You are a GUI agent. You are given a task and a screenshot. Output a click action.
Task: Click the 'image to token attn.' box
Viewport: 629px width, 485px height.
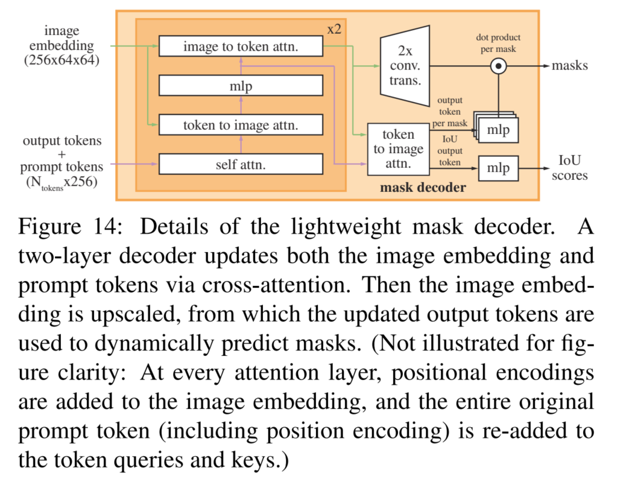click(x=241, y=46)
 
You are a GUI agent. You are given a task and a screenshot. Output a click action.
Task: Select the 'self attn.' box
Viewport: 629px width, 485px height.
click(x=241, y=163)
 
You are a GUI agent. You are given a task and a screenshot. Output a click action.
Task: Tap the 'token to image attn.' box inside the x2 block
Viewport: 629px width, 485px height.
click(x=241, y=125)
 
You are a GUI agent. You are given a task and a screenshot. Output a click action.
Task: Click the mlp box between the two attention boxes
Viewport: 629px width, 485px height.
click(x=241, y=86)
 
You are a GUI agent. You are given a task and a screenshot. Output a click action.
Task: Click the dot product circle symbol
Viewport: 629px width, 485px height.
click(x=498, y=66)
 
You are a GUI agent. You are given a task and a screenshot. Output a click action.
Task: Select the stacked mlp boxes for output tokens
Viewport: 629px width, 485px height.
click(x=498, y=128)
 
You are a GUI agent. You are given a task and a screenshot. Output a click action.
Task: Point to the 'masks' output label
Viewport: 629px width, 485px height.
click(x=569, y=66)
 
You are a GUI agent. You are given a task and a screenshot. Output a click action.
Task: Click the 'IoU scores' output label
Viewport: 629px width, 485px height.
click(x=568, y=168)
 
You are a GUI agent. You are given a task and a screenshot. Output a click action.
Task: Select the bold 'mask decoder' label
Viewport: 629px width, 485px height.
click(x=423, y=188)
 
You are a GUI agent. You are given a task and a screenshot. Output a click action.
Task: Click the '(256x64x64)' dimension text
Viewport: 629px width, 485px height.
click(x=62, y=60)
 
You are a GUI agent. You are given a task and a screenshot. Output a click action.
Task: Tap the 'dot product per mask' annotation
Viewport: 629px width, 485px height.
click(x=498, y=43)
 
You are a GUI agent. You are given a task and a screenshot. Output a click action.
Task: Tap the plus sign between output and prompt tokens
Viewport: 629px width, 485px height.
click(x=62, y=154)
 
